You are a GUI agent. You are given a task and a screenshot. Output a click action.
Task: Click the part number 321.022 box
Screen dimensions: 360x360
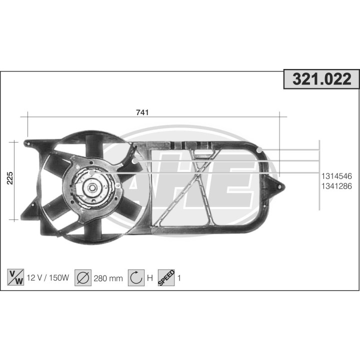(321, 79)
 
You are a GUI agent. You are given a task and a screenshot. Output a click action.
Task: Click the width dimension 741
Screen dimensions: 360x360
(142, 112)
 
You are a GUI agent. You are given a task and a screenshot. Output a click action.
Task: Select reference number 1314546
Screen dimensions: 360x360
(336, 176)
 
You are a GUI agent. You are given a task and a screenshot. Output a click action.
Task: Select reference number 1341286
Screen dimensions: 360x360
(336, 185)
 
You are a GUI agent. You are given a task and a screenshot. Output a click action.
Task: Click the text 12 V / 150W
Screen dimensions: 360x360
(47, 278)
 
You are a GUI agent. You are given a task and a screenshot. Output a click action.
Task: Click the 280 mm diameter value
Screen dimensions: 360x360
(108, 278)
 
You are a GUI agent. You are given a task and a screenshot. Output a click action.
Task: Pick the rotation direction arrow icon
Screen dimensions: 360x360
(136, 278)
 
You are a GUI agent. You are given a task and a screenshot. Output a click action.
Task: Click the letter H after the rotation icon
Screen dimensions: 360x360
(149, 278)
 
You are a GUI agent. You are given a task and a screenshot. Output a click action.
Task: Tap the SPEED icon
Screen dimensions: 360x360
(166, 277)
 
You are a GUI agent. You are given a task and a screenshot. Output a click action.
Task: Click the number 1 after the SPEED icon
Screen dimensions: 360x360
(179, 278)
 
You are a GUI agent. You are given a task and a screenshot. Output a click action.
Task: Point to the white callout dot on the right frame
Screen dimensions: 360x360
(259, 150)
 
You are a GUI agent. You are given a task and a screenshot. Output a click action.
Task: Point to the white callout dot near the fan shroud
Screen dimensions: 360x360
(135, 161)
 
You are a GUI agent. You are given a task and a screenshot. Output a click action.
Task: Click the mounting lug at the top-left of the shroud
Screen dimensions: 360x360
(27, 143)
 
